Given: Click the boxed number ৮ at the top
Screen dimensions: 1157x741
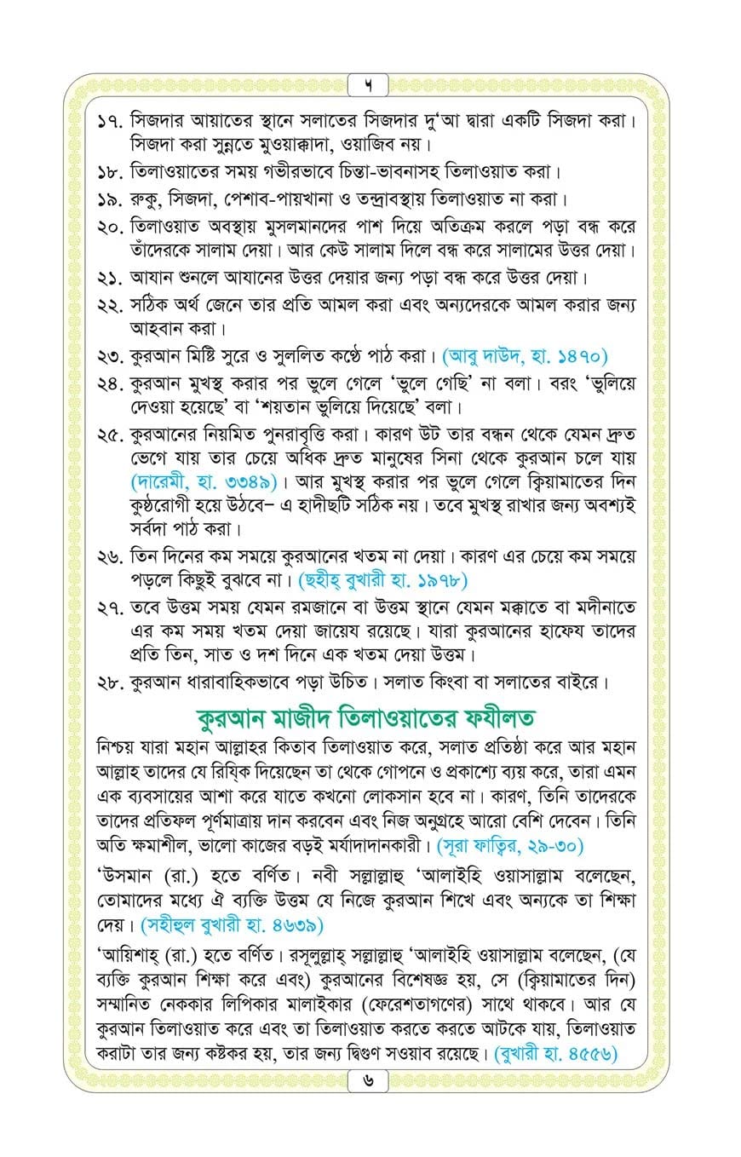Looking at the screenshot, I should click(x=370, y=85).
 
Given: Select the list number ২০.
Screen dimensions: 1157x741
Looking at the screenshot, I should click(x=108, y=227).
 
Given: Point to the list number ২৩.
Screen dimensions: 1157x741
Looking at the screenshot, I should click(x=108, y=354).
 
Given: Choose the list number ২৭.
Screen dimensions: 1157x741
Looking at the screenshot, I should click(x=108, y=608).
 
